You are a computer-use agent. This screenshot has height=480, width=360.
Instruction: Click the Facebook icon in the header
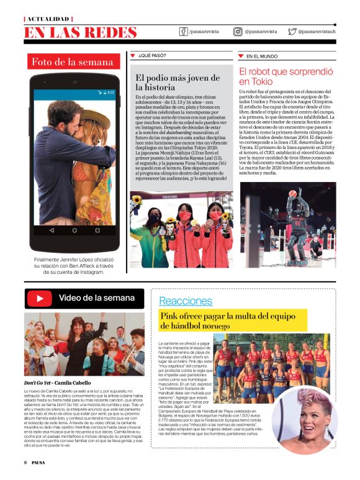click(184, 31)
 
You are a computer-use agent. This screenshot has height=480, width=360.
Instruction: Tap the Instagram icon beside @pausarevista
click(238, 31)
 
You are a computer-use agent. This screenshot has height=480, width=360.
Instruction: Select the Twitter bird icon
click(292, 31)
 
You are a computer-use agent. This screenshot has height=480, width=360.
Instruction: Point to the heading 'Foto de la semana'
click(73, 62)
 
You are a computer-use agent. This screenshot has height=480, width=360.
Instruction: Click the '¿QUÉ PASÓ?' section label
click(152, 56)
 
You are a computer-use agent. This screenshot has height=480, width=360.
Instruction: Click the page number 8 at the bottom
click(25, 463)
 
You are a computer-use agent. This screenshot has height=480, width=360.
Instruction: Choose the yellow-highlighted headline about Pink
click(233, 320)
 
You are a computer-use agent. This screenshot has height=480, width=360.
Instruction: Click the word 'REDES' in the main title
click(110, 32)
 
